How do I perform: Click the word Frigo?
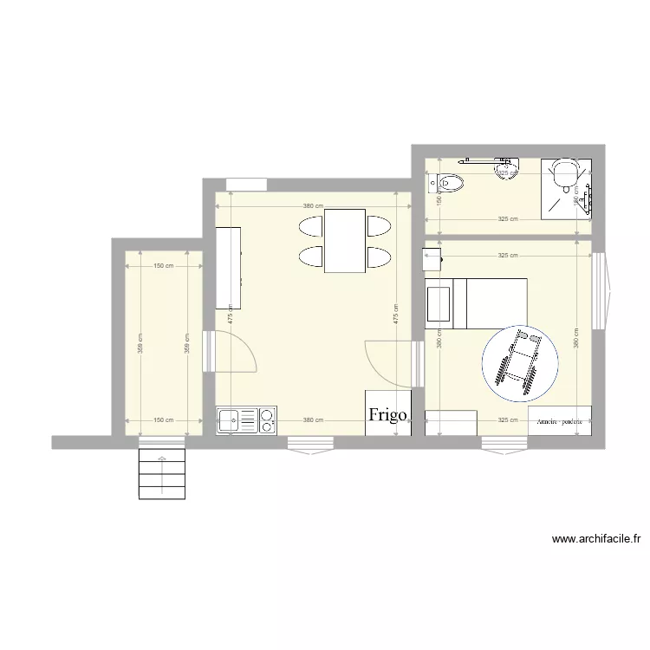[x=387, y=414]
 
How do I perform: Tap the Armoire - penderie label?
[x=559, y=421]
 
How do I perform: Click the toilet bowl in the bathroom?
[x=449, y=182]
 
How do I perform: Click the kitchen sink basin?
[x=230, y=421]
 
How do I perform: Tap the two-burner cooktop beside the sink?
[x=267, y=420]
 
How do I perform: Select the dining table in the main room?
[x=345, y=240]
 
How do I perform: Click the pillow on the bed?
[x=439, y=303]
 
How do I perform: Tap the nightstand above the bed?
[x=432, y=259]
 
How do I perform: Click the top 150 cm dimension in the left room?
[x=163, y=266]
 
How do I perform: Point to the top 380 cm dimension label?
[x=314, y=205]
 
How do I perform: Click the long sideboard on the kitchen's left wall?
[x=228, y=267]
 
